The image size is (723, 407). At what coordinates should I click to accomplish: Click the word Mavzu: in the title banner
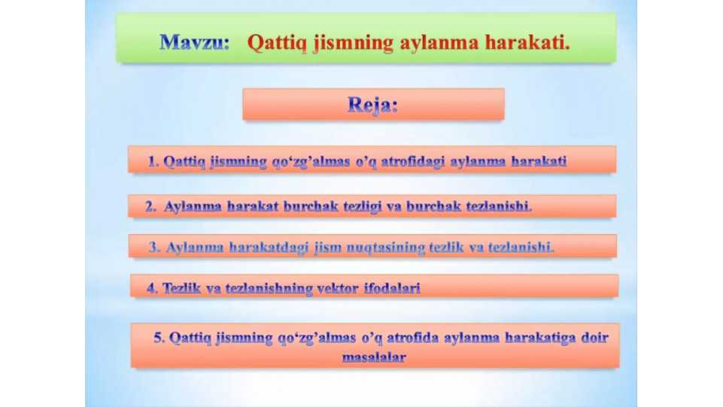194,43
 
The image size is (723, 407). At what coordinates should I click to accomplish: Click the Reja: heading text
372,105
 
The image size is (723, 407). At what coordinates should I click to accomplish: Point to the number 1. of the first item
153,161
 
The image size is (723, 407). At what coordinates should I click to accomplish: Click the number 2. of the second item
150,206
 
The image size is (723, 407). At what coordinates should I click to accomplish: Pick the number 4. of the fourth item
151,288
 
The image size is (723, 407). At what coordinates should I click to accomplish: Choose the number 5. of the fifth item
159,337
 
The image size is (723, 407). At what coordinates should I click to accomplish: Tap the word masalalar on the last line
374,357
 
